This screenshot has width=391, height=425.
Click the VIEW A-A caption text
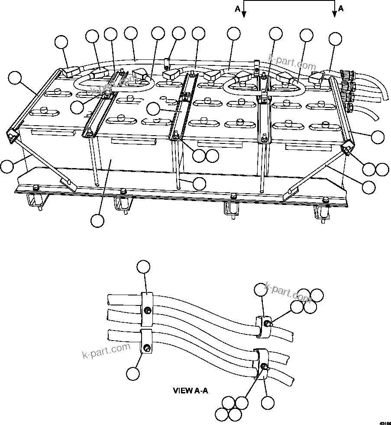click(191, 390)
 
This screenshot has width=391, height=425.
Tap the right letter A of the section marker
click(341, 8)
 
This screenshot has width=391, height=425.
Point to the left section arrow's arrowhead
click(244, 14)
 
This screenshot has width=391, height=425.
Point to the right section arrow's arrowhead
click(335, 14)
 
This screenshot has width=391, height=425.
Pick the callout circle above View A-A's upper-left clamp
click(143, 267)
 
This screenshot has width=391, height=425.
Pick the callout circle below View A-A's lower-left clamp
click(134, 373)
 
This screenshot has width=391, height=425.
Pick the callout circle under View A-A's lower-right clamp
click(268, 403)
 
